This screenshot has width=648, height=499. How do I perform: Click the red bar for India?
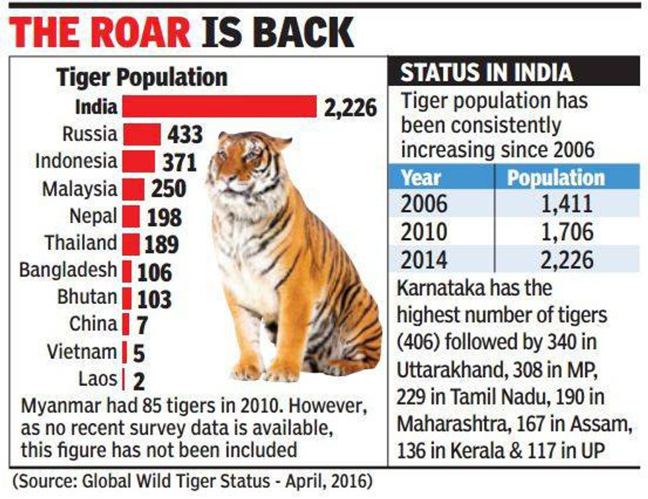click(220, 106)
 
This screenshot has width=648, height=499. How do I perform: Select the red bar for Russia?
click(142, 134)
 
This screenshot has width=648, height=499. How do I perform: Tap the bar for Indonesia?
click(139, 161)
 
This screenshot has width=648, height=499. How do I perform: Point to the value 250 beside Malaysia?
click(168, 190)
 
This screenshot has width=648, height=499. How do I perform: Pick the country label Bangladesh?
click(68, 270)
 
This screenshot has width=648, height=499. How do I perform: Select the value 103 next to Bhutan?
click(154, 299)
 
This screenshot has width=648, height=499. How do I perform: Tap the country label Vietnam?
click(82, 352)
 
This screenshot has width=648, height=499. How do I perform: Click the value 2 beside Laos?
click(139, 381)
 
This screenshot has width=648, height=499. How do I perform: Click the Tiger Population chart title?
click(142, 77)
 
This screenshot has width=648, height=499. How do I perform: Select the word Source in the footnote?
click(47, 479)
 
